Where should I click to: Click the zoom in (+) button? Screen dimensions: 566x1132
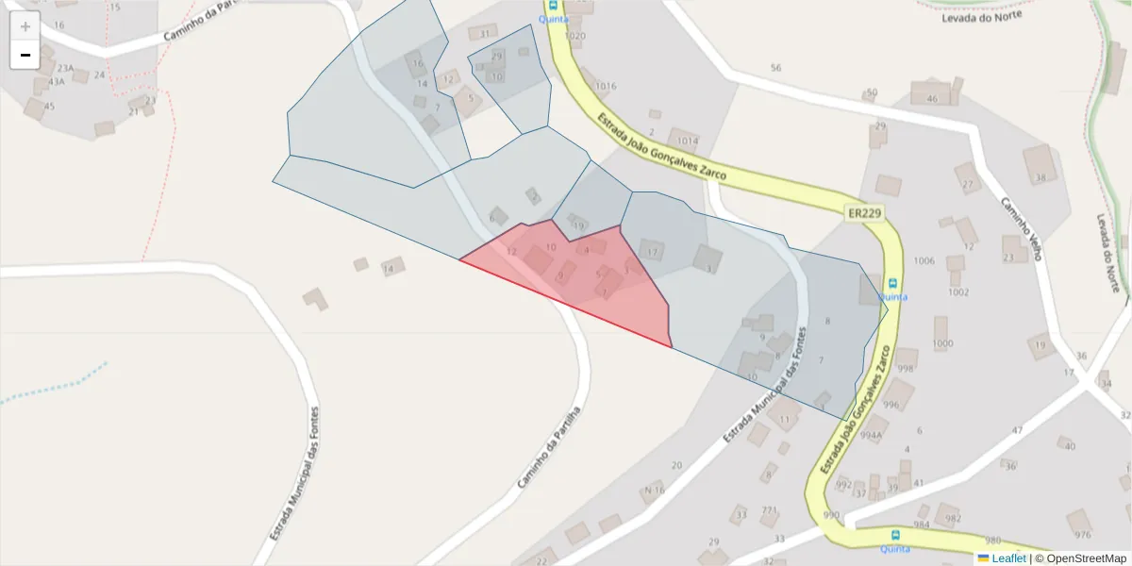coord(25,26)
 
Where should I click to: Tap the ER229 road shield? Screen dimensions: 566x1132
coord(864,214)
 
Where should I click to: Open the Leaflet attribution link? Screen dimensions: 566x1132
coord(1007,558)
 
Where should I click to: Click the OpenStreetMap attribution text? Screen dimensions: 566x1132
coord(1086,558)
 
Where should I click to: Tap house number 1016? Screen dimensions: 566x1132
coord(606,86)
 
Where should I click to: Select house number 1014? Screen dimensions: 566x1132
coord(688,141)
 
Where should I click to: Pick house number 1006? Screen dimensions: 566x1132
coord(924,260)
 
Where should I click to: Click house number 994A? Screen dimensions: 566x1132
coord(871,435)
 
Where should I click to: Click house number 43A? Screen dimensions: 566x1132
coord(56,82)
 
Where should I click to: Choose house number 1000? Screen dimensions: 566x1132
coord(941,344)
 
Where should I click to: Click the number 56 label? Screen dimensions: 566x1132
coord(775,68)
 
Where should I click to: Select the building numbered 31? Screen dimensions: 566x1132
coord(484,34)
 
